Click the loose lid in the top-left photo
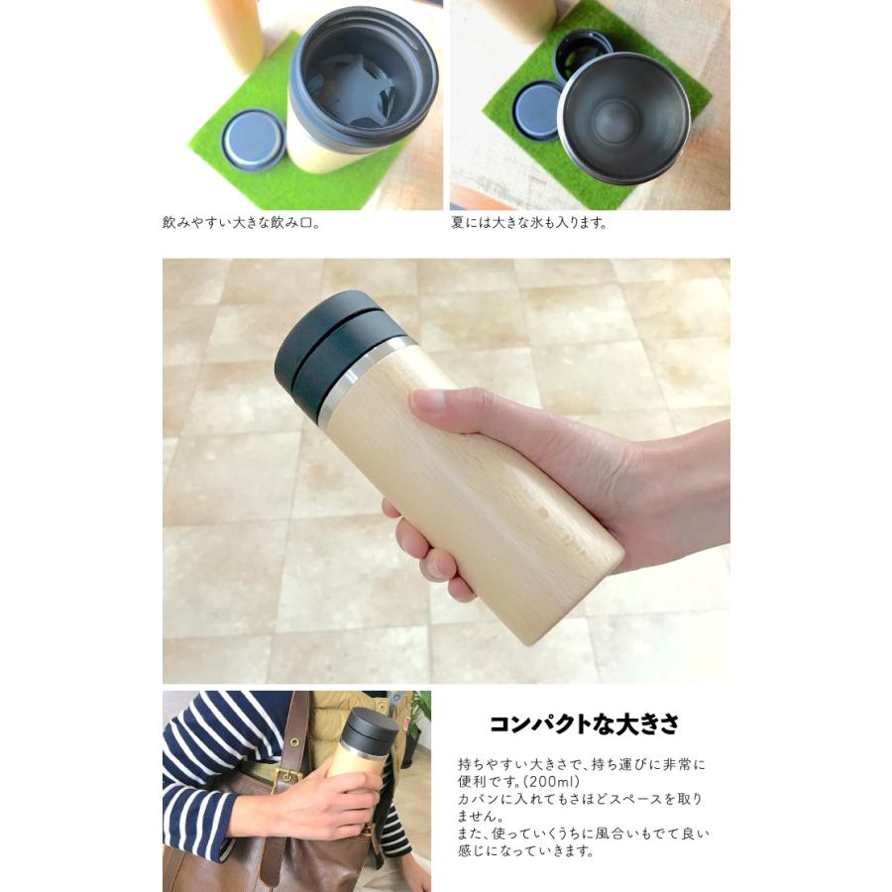[253, 140]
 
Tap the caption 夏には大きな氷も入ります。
[528, 223]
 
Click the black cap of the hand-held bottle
[332, 353]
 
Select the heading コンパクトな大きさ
[584, 724]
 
